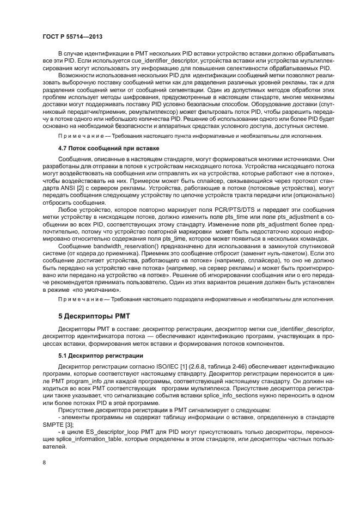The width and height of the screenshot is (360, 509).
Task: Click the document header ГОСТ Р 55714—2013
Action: [x=72, y=36]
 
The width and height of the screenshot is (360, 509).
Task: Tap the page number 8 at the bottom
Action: [x=44, y=462]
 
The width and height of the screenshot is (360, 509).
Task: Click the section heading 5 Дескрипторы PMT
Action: [x=94, y=316]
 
